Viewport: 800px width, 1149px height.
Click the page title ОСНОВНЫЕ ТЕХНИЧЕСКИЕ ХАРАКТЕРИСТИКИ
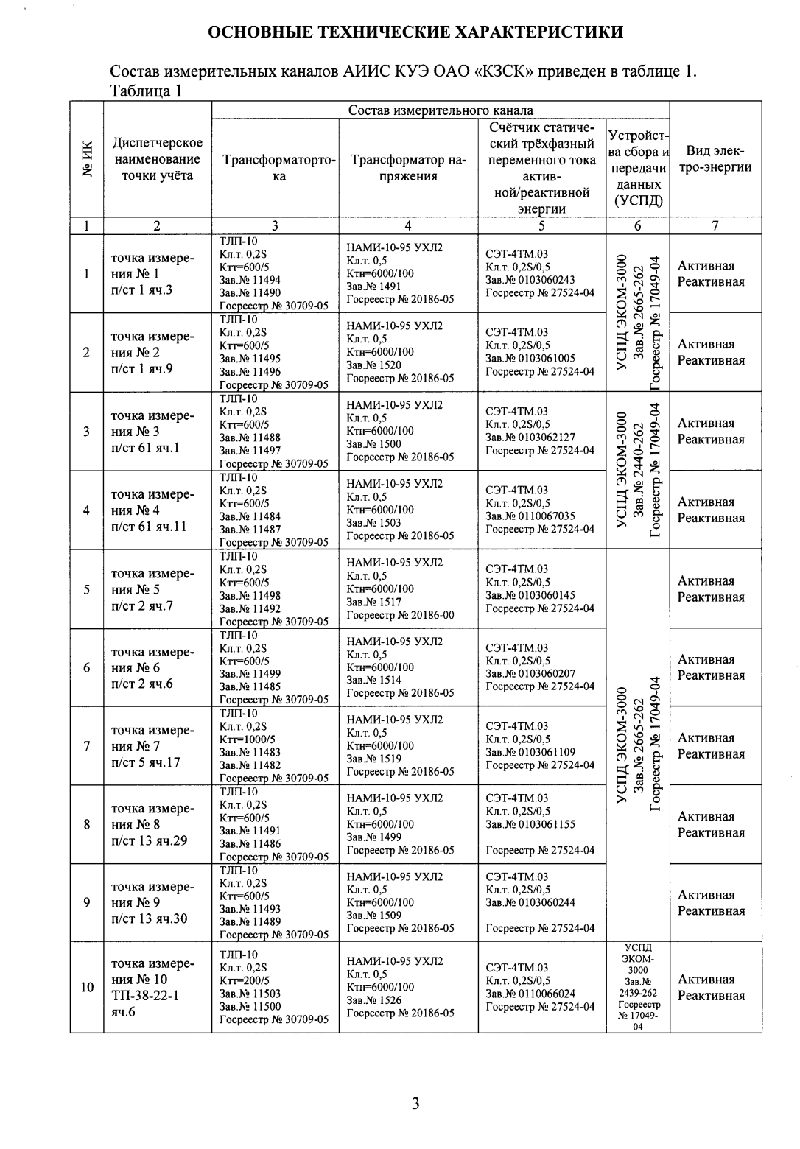[x=415, y=32]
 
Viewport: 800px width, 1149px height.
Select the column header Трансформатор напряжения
[x=407, y=167]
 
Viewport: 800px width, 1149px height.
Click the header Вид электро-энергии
[x=714, y=159]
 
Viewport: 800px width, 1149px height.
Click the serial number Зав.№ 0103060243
[x=530, y=279]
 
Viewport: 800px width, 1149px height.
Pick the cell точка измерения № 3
[x=152, y=424]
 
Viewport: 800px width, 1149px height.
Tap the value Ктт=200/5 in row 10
[x=245, y=980]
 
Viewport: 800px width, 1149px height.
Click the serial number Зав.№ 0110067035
[x=530, y=516]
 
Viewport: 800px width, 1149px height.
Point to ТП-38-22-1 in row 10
[x=145, y=996]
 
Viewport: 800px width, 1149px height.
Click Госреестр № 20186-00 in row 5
[x=400, y=614]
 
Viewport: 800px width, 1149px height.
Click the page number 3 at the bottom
[x=415, y=1103]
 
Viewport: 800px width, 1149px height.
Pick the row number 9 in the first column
[x=87, y=902]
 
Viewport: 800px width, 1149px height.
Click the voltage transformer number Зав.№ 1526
[x=374, y=999]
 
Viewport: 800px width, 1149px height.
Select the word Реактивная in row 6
[x=711, y=675]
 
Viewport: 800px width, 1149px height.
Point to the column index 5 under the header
[x=541, y=226]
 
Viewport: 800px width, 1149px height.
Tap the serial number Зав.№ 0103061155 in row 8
[x=530, y=824]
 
